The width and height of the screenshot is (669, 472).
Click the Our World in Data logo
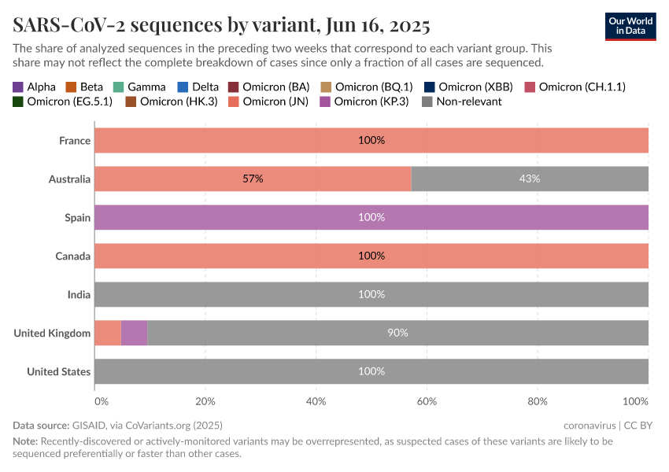pyautogui.click(x=630, y=26)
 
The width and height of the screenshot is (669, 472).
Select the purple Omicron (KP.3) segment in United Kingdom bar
pyautogui.click(x=134, y=333)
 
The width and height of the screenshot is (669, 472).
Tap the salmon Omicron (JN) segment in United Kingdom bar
pyautogui.click(x=107, y=333)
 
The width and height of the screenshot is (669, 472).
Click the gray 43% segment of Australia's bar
pyautogui.click(x=530, y=179)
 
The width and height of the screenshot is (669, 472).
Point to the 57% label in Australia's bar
pyautogui.click(x=253, y=179)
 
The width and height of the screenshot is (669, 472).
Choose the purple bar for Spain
pyautogui.click(x=371, y=217)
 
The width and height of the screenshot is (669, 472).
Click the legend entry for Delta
pyautogui.click(x=200, y=87)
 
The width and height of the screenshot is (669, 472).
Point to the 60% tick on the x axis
pyautogui.click(x=427, y=401)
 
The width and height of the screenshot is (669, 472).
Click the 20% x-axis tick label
pyautogui.click(x=205, y=401)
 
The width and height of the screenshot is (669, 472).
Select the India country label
pyautogui.click(x=79, y=294)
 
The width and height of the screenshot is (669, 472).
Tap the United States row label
pyautogui.click(x=58, y=371)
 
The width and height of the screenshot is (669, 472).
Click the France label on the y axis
pyautogui.click(x=75, y=141)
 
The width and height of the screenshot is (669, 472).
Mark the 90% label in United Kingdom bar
pyautogui.click(x=397, y=333)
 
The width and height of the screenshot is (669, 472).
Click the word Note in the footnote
pyautogui.click(x=24, y=441)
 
